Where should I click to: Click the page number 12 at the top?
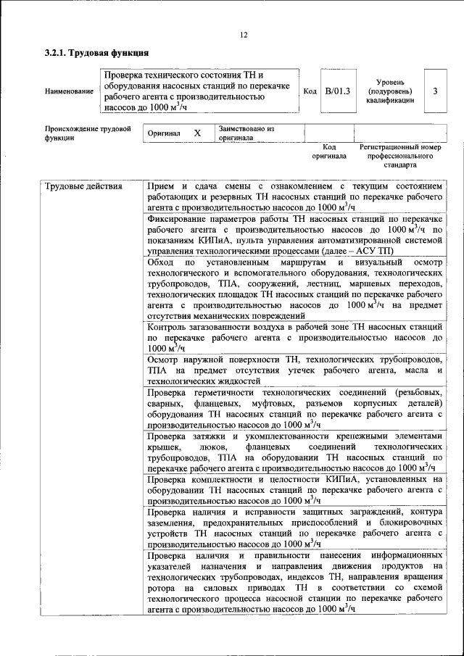tap(244, 35)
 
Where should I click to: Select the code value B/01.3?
tap(337, 91)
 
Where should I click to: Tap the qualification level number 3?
tap(435, 91)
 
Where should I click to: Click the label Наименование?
tap(69, 92)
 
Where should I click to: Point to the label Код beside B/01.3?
tap(309, 91)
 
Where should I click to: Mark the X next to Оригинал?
tap(197, 133)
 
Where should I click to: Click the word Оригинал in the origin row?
tap(164, 134)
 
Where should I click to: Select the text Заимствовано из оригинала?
tap(246, 133)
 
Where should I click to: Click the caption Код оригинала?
tap(329, 151)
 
